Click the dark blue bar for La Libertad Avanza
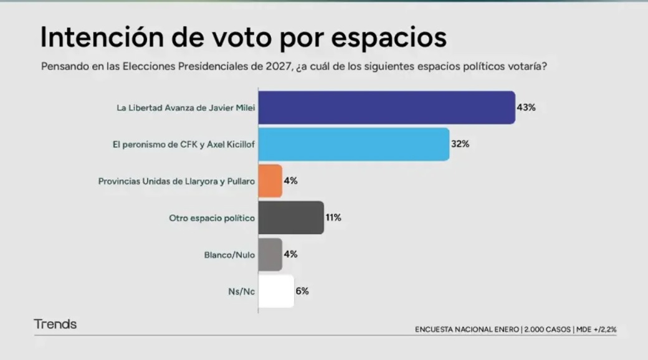[x=386, y=107]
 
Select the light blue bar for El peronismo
[x=353, y=144]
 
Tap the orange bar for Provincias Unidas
[x=270, y=181]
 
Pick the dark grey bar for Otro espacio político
[x=290, y=217]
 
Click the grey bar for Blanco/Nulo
[x=270, y=254]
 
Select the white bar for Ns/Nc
[x=275, y=291]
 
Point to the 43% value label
[x=526, y=107]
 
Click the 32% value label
[x=460, y=144]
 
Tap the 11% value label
[x=334, y=217]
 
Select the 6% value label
[x=302, y=291]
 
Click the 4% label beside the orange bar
[x=291, y=181]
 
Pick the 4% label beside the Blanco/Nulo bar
[x=291, y=254]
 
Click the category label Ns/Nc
[x=242, y=291]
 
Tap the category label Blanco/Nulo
[x=229, y=255]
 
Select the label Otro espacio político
[x=212, y=218]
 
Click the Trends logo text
[x=55, y=324]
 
